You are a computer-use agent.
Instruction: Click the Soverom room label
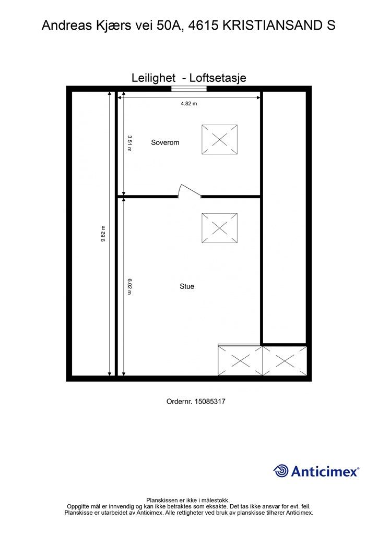(x=165, y=142)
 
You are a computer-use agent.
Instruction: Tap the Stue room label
(x=187, y=286)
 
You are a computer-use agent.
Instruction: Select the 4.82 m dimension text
(x=189, y=104)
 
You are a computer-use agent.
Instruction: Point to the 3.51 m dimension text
(x=129, y=143)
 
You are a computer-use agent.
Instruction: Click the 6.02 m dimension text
(x=129, y=286)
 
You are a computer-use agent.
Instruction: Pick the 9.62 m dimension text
(x=103, y=234)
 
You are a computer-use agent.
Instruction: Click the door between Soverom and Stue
(x=190, y=191)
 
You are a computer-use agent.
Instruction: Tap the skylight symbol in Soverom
(x=219, y=140)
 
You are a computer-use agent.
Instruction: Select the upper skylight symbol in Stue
(x=219, y=228)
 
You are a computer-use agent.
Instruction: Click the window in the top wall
(x=189, y=89)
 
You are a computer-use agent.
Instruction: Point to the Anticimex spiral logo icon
(x=281, y=471)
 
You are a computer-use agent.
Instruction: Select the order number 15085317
(x=209, y=401)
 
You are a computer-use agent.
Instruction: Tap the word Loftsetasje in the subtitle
(x=218, y=78)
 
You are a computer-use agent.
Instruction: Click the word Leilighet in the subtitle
(x=153, y=78)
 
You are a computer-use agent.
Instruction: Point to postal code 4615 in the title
(x=203, y=26)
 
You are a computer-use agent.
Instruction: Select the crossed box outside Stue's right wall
(x=285, y=361)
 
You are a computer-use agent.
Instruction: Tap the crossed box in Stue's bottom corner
(x=240, y=360)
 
